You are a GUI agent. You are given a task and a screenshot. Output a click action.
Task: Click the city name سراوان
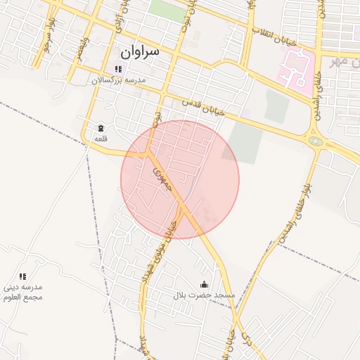click(x=140, y=52)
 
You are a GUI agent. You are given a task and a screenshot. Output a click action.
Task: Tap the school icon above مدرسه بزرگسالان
click(x=118, y=69)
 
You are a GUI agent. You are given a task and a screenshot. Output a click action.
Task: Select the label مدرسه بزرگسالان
click(x=118, y=80)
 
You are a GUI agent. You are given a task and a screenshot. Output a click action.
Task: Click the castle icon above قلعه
click(x=100, y=128)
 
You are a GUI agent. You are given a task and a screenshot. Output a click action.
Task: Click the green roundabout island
click(x=316, y=141)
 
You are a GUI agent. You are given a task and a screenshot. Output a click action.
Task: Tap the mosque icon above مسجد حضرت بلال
click(x=205, y=284)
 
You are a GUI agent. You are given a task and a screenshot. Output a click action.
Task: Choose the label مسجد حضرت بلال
click(x=204, y=295)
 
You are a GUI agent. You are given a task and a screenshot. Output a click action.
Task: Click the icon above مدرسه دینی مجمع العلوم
click(x=22, y=276)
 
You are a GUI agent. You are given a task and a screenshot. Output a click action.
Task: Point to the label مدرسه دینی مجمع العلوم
click(x=23, y=292)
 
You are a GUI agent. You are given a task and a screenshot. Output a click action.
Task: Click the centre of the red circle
click(x=180, y=179)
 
